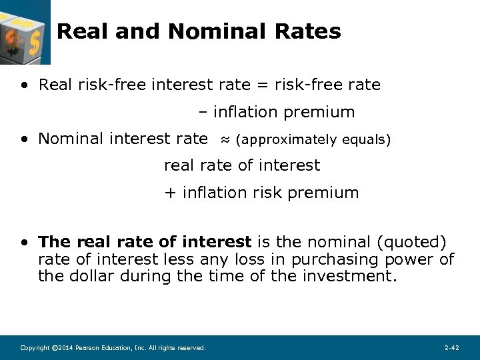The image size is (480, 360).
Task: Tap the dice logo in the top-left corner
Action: (x=24, y=31)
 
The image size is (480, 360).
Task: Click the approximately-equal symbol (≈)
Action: (x=225, y=140)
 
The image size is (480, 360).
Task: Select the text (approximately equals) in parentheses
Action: (x=313, y=140)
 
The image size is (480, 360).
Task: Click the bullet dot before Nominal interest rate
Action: (x=24, y=139)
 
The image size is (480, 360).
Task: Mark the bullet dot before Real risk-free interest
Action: (x=24, y=85)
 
